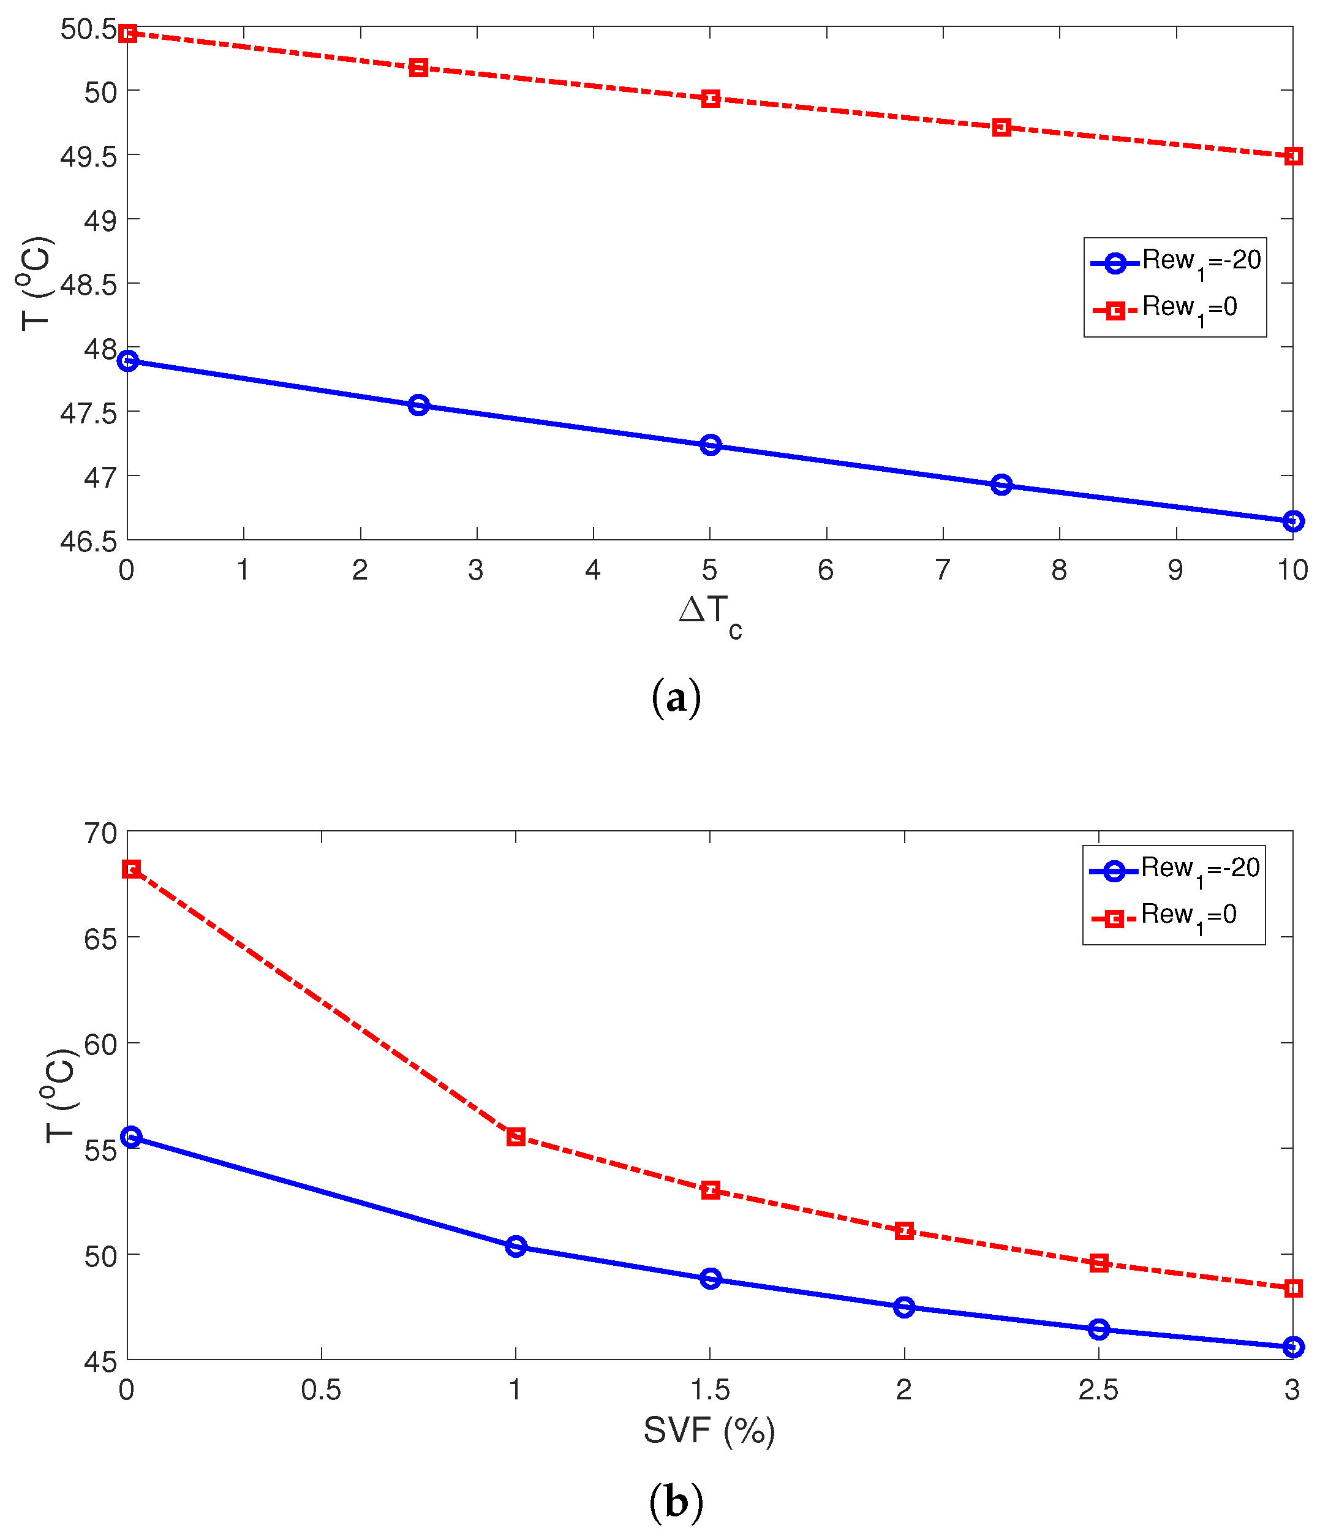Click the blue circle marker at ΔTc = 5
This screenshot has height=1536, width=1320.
coord(710,445)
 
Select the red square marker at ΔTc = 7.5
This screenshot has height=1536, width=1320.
coord(1001,127)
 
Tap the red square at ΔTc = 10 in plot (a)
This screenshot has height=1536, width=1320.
coord(1292,156)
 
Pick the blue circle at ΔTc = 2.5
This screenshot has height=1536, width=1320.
coord(419,405)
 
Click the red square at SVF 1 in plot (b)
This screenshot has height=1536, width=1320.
coord(516,1137)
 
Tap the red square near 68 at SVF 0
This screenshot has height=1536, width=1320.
coord(131,869)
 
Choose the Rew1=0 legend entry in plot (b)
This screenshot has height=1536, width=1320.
coord(1175,917)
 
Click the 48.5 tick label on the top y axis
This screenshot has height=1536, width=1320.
coord(89,284)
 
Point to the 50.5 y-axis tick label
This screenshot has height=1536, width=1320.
coord(89,29)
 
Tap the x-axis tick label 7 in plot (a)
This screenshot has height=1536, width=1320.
coord(942,569)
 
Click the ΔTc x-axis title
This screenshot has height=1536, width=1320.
coord(709,614)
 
